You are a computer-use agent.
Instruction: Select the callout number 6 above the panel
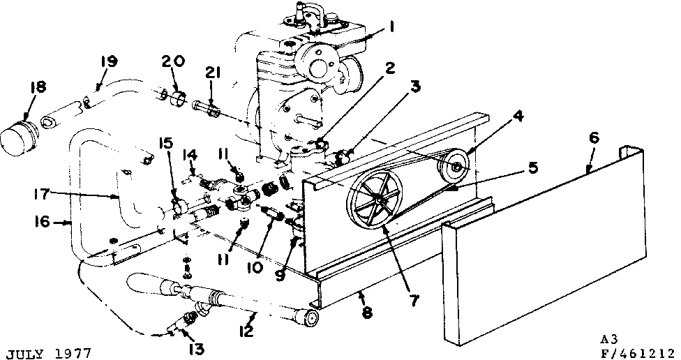(x=593, y=137)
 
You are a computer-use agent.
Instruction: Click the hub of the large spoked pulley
(x=377, y=201)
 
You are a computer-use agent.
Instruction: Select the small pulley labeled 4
(x=457, y=166)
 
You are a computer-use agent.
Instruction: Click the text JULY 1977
(x=47, y=352)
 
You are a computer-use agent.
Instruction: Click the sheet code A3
(x=609, y=339)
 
